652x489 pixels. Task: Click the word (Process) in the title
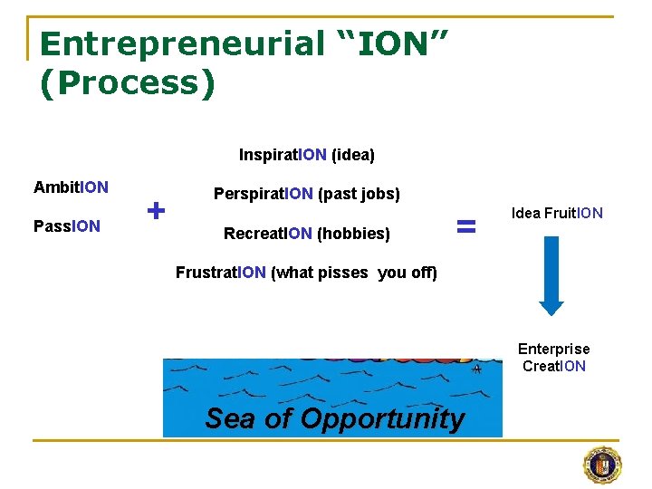[128, 82]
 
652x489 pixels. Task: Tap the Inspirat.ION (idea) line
[306, 155]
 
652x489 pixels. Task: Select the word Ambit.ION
[71, 187]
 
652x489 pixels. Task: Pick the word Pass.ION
[66, 225]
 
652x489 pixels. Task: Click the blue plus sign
[156, 211]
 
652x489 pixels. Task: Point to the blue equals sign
[465, 227]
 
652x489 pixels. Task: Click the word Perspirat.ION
[264, 194]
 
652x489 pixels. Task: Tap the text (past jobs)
[359, 194]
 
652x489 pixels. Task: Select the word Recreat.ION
[268, 234]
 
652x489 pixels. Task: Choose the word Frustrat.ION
[221, 273]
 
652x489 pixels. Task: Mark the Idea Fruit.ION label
[557, 214]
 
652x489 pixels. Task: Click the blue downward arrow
[551, 275]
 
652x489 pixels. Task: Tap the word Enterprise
[553, 349]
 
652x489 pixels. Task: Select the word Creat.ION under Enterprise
[553, 366]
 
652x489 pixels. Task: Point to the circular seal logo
[602, 465]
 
